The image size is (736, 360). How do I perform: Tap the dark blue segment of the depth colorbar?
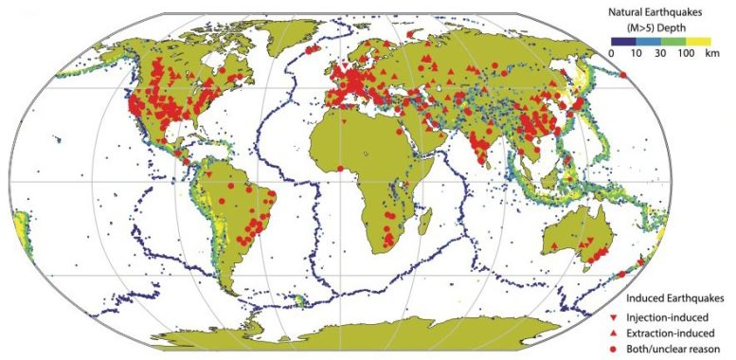[x=625, y=39]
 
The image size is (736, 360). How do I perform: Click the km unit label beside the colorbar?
[x=715, y=53]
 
